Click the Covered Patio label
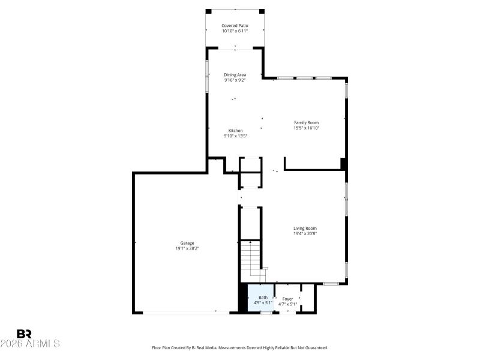point(235,26)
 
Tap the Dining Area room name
point(235,75)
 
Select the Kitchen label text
point(235,131)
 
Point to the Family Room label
point(306,122)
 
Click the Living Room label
point(305,228)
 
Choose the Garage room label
point(187,243)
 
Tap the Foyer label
point(288,298)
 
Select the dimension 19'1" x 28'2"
point(187,248)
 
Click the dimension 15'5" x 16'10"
point(306,128)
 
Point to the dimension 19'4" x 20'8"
point(305,233)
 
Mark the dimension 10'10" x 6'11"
point(235,31)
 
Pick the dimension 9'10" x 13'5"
point(235,136)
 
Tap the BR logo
point(24,334)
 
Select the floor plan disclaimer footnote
point(240,347)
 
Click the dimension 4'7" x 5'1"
point(288,304)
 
